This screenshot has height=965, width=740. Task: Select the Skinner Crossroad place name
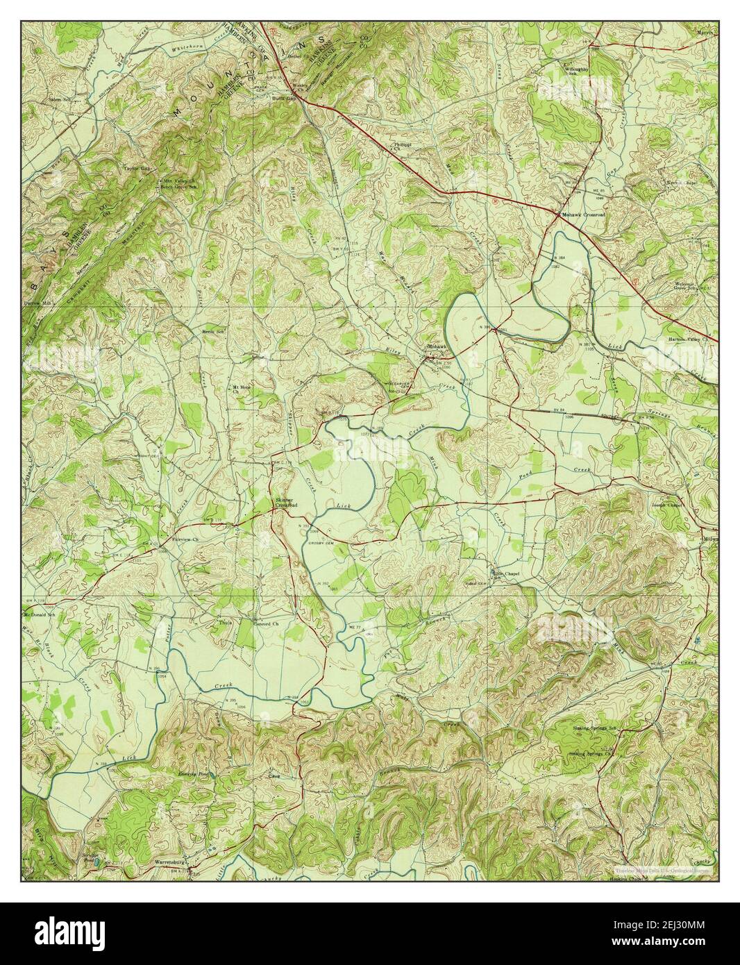click(x=286, y=503)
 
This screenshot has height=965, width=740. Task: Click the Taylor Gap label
click(x=137, y=168)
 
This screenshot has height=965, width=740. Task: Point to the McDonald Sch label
click(x=39, y=615)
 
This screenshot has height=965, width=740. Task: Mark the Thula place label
click(x=205, y=623)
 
